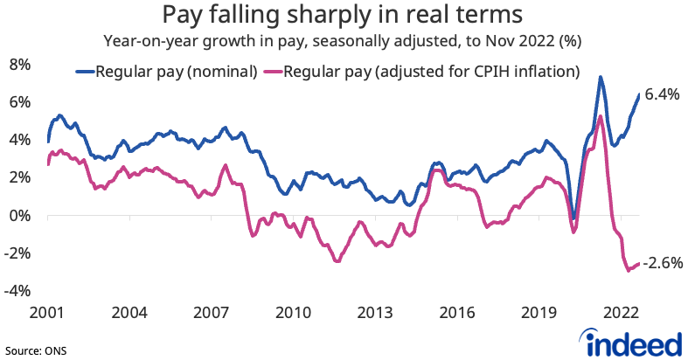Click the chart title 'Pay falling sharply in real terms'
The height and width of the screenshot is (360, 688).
(343, 16)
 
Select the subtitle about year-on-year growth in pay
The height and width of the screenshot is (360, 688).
(343, 40)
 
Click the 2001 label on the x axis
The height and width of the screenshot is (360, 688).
(45, 313)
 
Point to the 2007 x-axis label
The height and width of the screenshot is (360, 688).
(211, 313)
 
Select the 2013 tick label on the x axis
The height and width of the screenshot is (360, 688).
(376, 313)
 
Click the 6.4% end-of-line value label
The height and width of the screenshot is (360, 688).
(662, 95)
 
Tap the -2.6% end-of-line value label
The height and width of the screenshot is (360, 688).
(663, 262)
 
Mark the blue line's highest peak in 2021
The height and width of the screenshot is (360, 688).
(600, 78)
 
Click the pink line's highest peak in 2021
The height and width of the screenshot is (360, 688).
(601, 116)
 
